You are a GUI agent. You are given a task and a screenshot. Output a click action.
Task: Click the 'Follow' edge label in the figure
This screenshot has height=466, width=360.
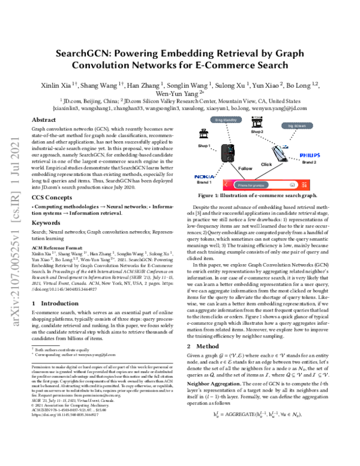click(x=245, y=169)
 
